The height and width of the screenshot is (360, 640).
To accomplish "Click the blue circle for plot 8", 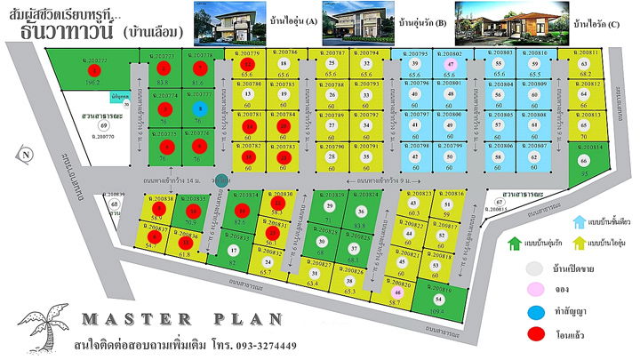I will [x=199, y=108].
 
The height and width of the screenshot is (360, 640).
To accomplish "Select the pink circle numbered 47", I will [x=451, y=65].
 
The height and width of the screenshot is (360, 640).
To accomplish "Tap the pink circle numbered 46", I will [x=397, y=291].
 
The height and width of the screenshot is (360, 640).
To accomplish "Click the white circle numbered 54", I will [x=437, y=300].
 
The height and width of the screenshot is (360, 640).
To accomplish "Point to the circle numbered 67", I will [x=499, y=202].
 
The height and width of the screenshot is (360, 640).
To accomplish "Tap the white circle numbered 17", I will [x=234, y=252].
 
